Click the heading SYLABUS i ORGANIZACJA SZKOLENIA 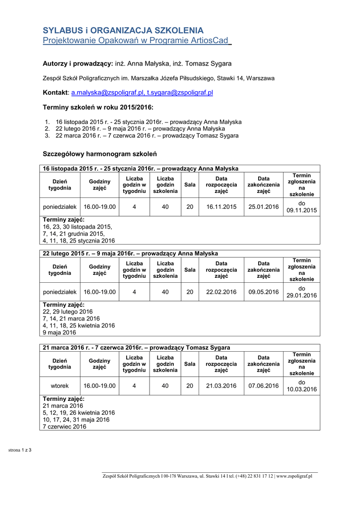click(123, 30)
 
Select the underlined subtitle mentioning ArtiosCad click(137, 40)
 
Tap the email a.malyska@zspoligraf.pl click(107, 93)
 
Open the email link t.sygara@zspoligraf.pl click(180, 93)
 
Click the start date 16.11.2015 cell click(221, 207)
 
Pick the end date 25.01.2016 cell click(264, 207)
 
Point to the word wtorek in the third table click(60, 385)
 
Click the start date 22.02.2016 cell click(221, 292)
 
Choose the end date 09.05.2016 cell click(264, 292)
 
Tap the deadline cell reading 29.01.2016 click(301, 296)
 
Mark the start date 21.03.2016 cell click(221, 385)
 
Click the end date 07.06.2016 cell click(264, 385)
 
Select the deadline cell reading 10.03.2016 click(301, 389)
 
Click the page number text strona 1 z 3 click(20, 450)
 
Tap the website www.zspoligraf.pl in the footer click(294, 476)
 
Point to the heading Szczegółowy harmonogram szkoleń click(100, 154)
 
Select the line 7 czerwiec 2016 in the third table click(65, 427)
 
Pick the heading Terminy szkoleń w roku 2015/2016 click(98, 107)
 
